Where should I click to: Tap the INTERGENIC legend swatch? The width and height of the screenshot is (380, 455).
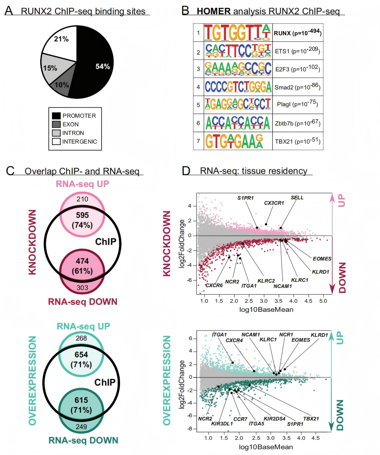tap(57, 142)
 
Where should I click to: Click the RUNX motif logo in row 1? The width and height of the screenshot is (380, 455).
tap(238, 33)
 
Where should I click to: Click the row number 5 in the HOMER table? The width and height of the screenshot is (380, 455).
tap(198, 105)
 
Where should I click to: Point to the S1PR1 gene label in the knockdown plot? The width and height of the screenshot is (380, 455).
tap(245, 198)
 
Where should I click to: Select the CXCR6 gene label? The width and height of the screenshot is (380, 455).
tap(214, 285)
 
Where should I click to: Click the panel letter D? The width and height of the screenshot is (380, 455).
tap(185, 170)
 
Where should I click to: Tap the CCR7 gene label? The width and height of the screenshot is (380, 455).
tap(243, 419)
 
